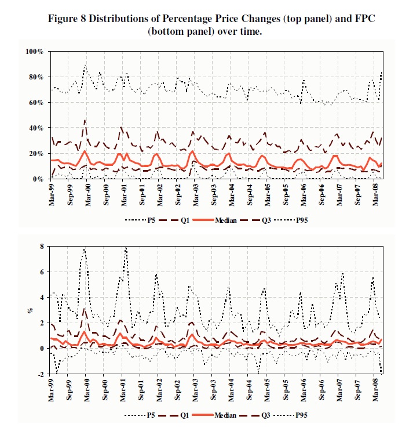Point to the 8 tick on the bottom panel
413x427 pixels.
coord(42,247)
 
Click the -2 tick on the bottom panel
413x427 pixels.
coord(41,374)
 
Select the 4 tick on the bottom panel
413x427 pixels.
coord(42,298)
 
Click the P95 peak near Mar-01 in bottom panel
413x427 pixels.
coord(125,248)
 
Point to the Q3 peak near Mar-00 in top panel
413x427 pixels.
coord(85,121)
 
